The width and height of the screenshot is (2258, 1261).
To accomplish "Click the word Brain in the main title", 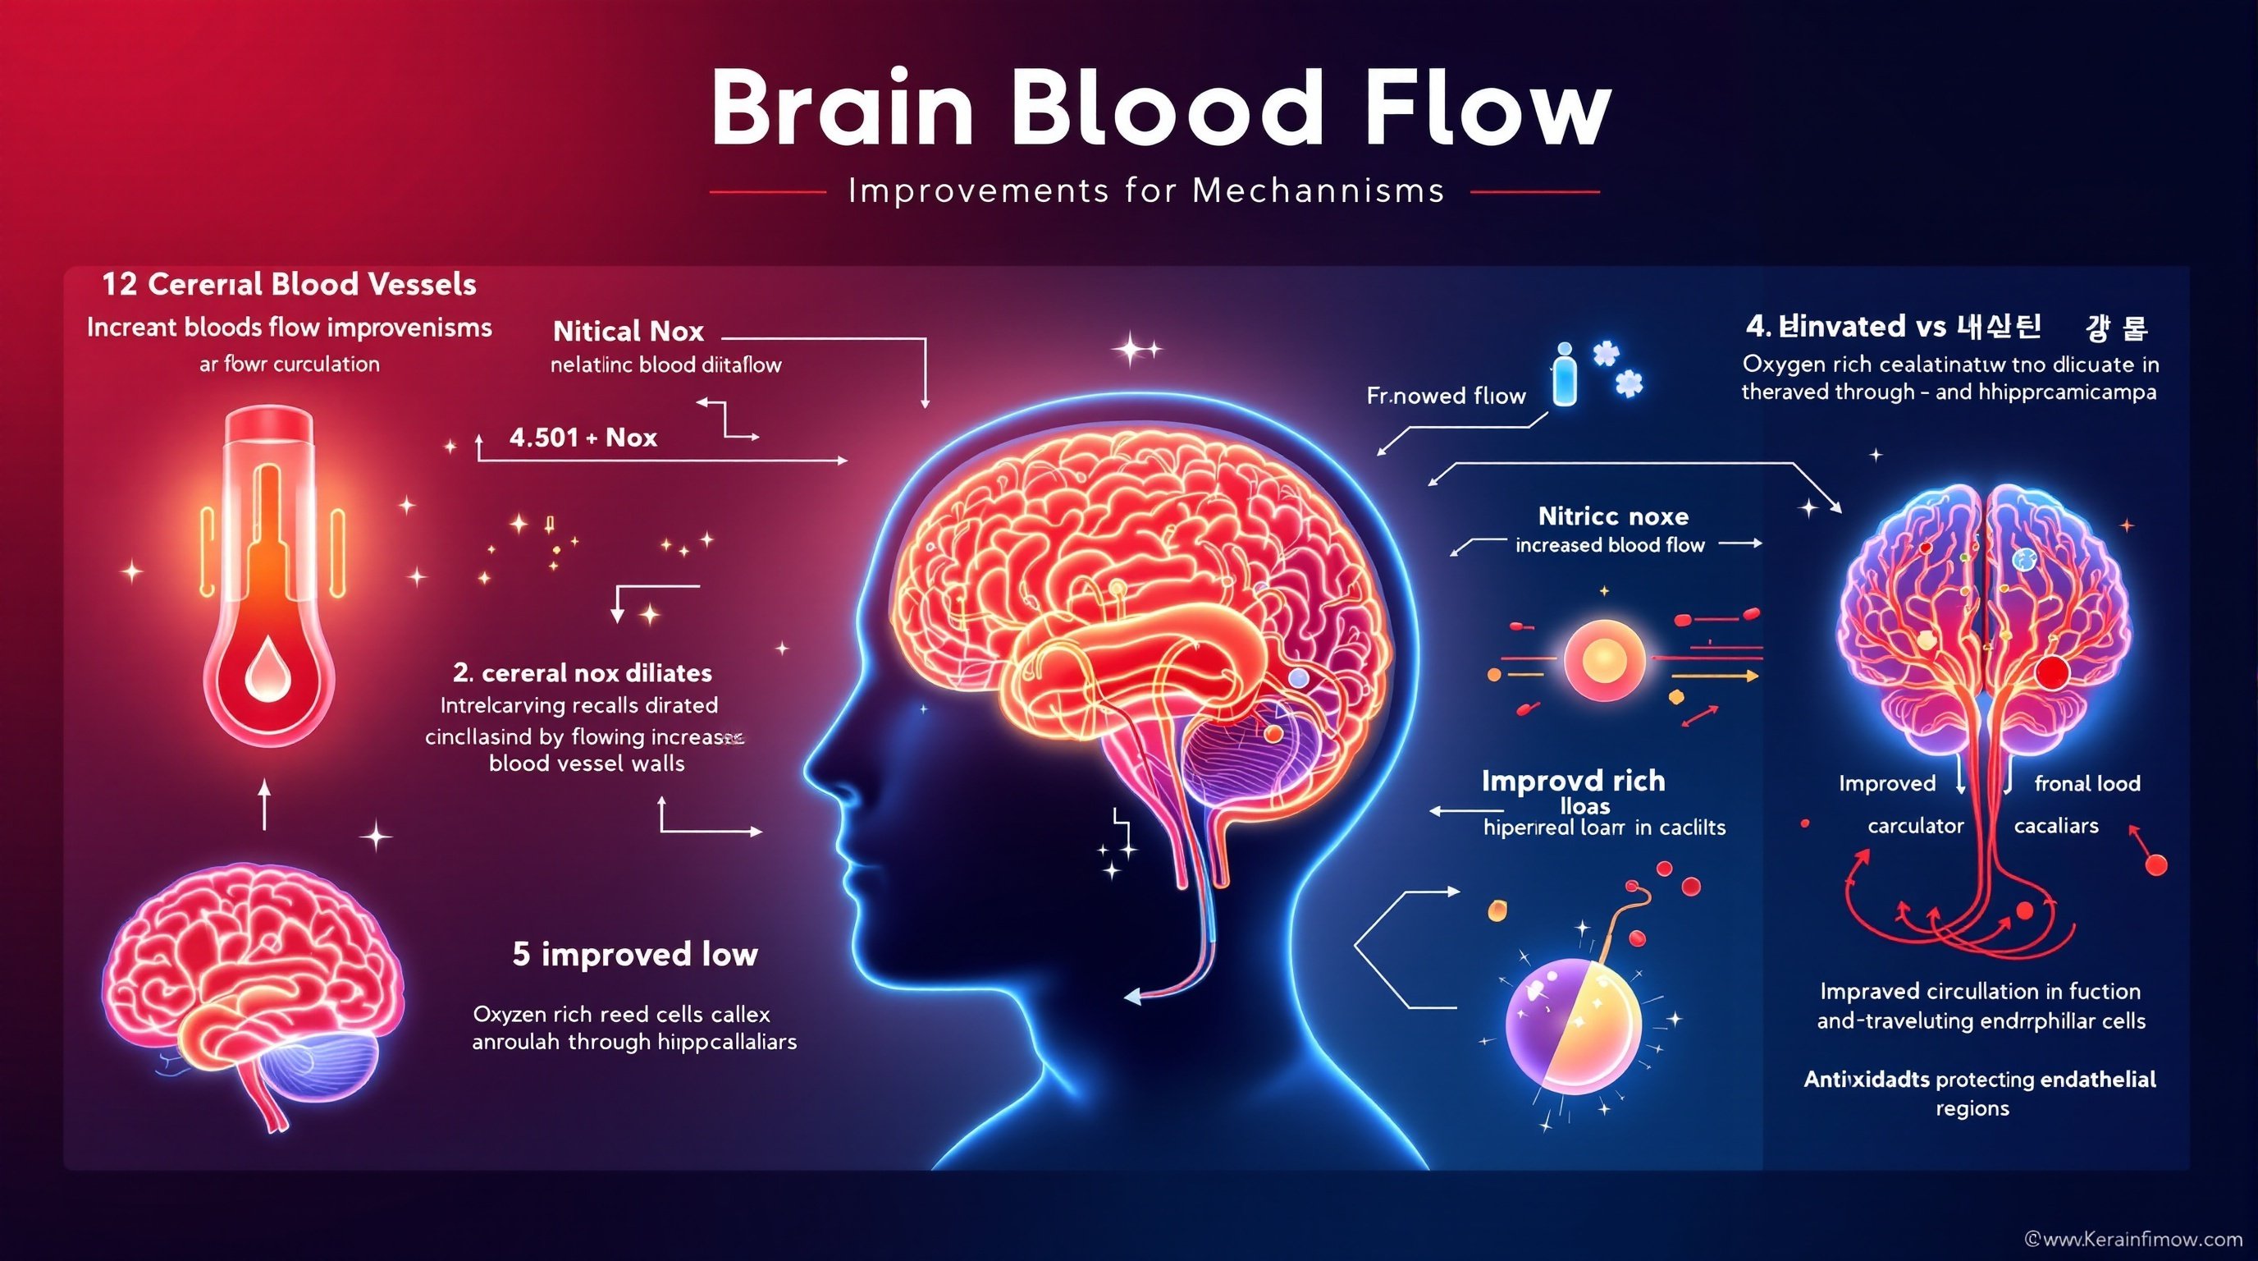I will coord(842,110).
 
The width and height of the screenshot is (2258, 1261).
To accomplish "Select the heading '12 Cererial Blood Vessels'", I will coord(290,284).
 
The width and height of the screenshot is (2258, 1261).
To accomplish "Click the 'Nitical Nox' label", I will coord(628,332).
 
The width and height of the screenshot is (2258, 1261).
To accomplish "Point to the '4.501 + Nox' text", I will coord(583,437).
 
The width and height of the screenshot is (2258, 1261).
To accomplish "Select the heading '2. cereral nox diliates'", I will coord(582,672).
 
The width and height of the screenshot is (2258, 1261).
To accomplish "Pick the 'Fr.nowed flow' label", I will coord(1446,397).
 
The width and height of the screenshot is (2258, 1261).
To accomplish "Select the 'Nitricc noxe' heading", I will coord(1613,516).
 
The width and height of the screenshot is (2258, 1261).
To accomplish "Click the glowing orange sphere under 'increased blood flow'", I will coord(1603,659).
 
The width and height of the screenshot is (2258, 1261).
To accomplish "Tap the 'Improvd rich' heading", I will coord(1574,781).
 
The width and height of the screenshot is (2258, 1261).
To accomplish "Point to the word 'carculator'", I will coord(1915,826).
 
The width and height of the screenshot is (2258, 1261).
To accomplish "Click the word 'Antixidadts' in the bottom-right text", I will coord(1865,1080).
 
